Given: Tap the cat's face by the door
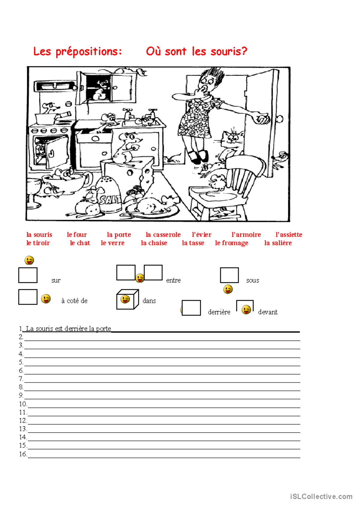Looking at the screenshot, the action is click(232, 138).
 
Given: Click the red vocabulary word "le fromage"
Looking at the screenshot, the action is click(232, 243).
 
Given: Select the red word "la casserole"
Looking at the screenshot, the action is click(163, 234).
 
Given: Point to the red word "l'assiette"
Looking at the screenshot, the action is click(289, 234).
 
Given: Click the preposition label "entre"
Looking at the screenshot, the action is click(173, 280).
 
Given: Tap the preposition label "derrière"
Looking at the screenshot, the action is click(219, 312).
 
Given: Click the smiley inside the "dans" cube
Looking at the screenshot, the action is click(125, 299).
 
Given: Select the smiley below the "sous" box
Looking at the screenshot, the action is click(228, 289).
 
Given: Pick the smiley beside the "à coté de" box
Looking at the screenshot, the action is click(46, 299).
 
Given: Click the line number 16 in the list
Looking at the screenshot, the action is click(23, 454).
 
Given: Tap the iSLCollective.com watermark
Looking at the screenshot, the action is click(321, 496).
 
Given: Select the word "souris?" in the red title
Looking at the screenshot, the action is click(229, 51).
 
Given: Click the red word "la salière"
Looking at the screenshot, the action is click(278, 243).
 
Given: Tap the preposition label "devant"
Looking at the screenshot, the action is click(268, 312).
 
